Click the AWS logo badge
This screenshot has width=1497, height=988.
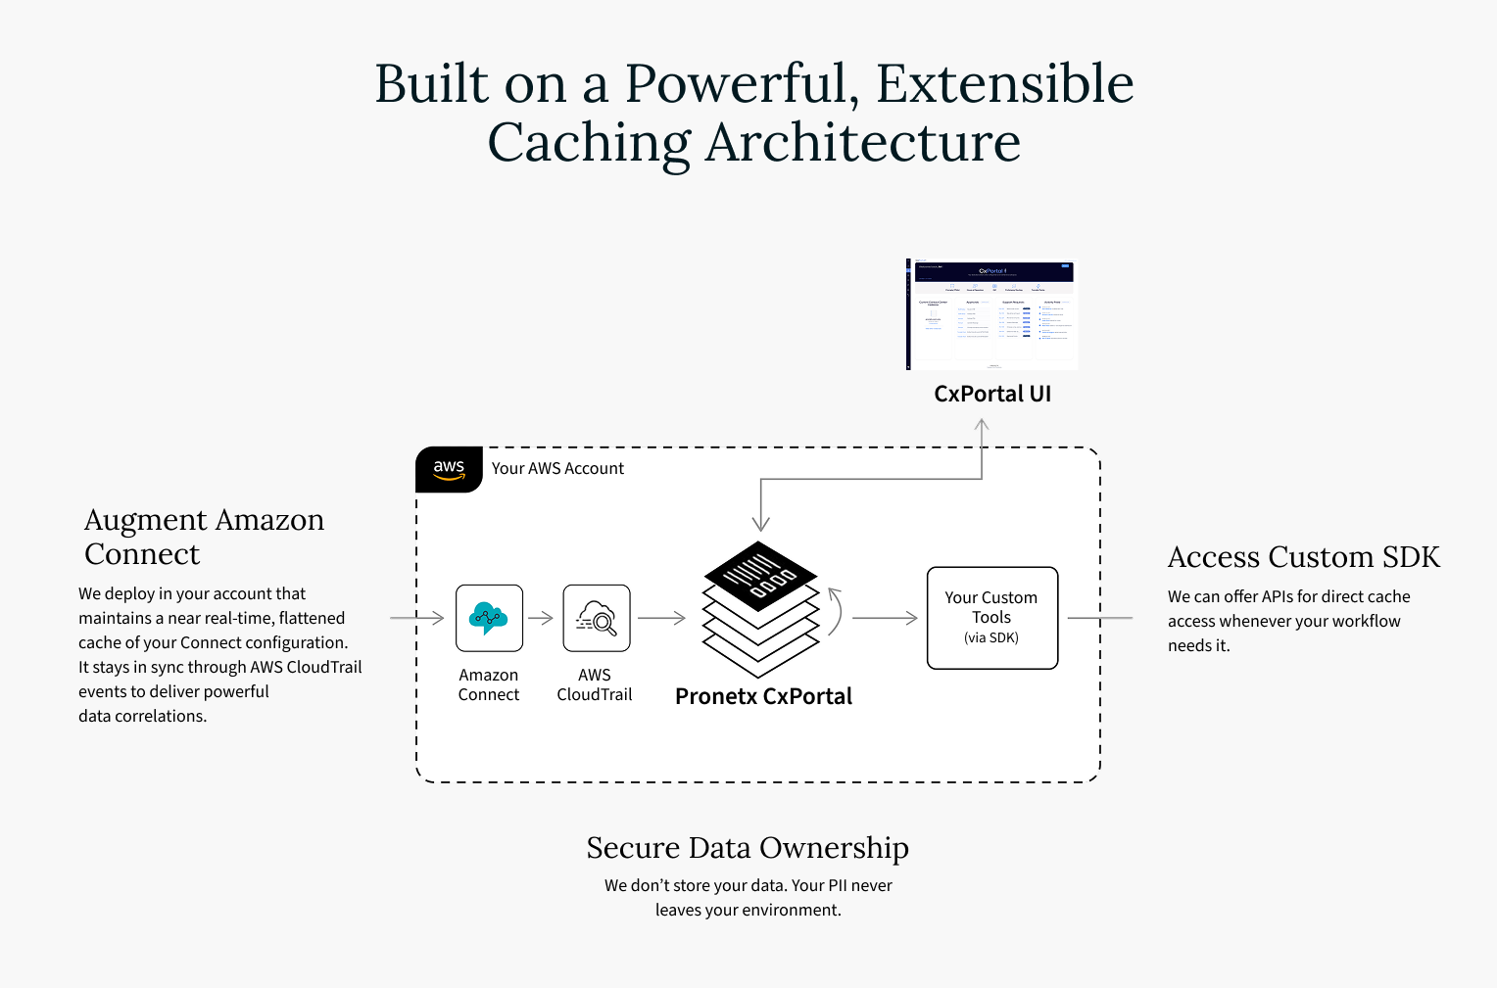click(449, 469)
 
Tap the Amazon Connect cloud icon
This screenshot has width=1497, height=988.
click(489, 618)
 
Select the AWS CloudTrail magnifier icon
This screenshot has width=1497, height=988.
click(596, 618)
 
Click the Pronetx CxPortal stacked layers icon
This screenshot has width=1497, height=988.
click(761, 608)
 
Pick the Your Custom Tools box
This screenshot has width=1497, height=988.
click(991, 618)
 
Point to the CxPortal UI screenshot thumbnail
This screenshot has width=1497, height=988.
click(991, 314)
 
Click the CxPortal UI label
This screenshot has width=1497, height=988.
click(991, 394)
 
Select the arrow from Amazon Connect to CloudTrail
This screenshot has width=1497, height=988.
click(541, 618)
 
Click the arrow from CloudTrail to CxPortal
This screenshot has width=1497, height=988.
click(661, 618)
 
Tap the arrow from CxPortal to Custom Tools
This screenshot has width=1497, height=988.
click(885, 618)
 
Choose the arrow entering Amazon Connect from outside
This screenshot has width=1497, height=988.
click(417, 618)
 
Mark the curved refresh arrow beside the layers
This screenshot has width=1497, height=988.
click(836, 611)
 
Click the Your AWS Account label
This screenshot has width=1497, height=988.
click(557, 469)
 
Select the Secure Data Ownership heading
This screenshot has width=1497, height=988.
click(748, 848)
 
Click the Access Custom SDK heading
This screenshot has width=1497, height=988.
click(1303, 557)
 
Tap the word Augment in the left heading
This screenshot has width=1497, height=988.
click(146, 520)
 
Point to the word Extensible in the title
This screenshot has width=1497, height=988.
click(1004, 84)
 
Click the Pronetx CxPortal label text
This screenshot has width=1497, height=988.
click(763, 696)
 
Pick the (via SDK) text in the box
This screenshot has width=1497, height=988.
click(991, 638)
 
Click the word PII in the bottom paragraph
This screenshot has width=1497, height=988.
click(838, 885)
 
